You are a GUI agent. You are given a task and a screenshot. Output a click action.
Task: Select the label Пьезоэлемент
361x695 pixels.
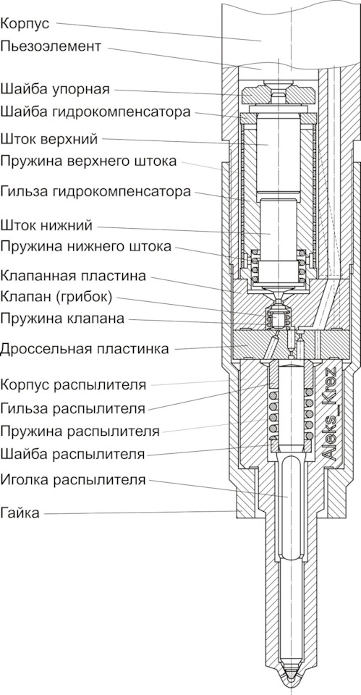pos(51,46)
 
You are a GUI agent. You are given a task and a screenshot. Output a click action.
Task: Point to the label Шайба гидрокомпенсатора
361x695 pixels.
pos(95,111)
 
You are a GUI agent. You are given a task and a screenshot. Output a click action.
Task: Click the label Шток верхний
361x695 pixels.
pos(48,139)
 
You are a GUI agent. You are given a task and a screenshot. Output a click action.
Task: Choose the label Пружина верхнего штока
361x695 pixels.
pos(88,161)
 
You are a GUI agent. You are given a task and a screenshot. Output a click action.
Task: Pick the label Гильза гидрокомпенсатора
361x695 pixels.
pos(95,192)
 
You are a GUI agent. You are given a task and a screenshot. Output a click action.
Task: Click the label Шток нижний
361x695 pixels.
pos(46,225)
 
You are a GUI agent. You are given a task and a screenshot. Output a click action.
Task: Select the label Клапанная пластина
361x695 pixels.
pos(73,276)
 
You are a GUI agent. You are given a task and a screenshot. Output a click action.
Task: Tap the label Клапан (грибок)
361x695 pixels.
pos(56,297)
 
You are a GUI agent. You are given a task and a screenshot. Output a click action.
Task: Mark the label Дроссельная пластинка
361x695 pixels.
pos(84,349)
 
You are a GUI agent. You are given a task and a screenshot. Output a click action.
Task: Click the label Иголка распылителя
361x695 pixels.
pos(72,479)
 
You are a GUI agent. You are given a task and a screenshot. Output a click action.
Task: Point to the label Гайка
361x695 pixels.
pos(20,513)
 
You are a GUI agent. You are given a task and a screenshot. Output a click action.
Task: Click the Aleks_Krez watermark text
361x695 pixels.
pos(329,413)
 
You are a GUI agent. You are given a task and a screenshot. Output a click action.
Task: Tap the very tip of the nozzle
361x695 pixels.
pos(291,691)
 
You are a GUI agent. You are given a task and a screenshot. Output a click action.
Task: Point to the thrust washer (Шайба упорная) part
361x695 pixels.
pos(279,94)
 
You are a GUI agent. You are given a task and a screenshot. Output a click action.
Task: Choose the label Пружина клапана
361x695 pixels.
pos(62,319)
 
